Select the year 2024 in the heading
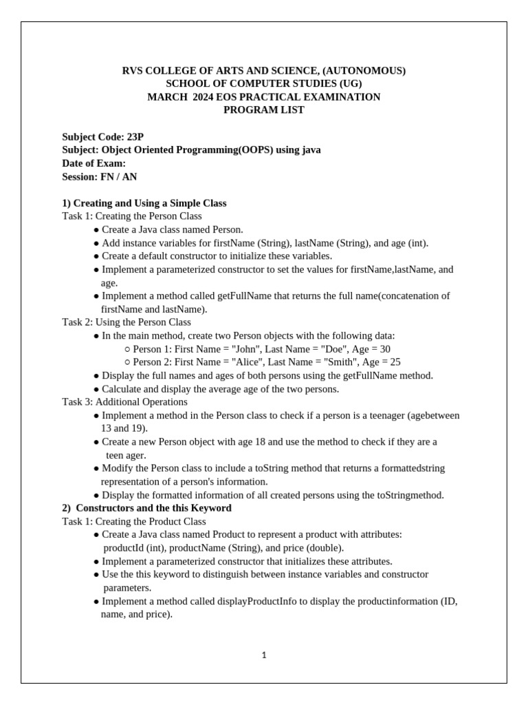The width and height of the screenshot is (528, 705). [x=203, y=97]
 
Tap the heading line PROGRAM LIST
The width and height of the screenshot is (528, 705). [x=264, y=110]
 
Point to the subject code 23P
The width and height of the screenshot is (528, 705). [x=135, y=136]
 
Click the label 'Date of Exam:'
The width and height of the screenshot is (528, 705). [x=94, y=163]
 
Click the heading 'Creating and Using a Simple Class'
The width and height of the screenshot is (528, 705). [x=150, y=203]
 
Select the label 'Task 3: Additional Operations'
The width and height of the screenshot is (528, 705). [x=124, y=402]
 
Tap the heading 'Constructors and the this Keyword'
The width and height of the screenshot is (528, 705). [x=153, y=508]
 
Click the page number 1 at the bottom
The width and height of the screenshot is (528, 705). [x=264, y=655]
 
